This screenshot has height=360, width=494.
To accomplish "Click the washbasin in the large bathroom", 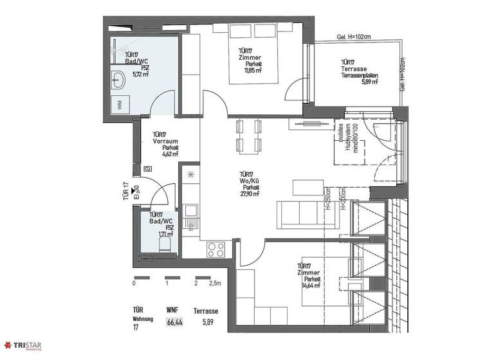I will pyautogui.click(x=118, y=80).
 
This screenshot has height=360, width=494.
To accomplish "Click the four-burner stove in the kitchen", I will pyautogui.click(x=215, y=249).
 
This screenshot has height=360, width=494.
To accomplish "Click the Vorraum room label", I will pyautogui.click(x=165, y=141).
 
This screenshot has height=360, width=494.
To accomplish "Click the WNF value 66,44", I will pyautogui.click(x=174, y=322).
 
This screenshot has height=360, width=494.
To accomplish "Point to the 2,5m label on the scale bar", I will pyautogui.click(x=215, y=283).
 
